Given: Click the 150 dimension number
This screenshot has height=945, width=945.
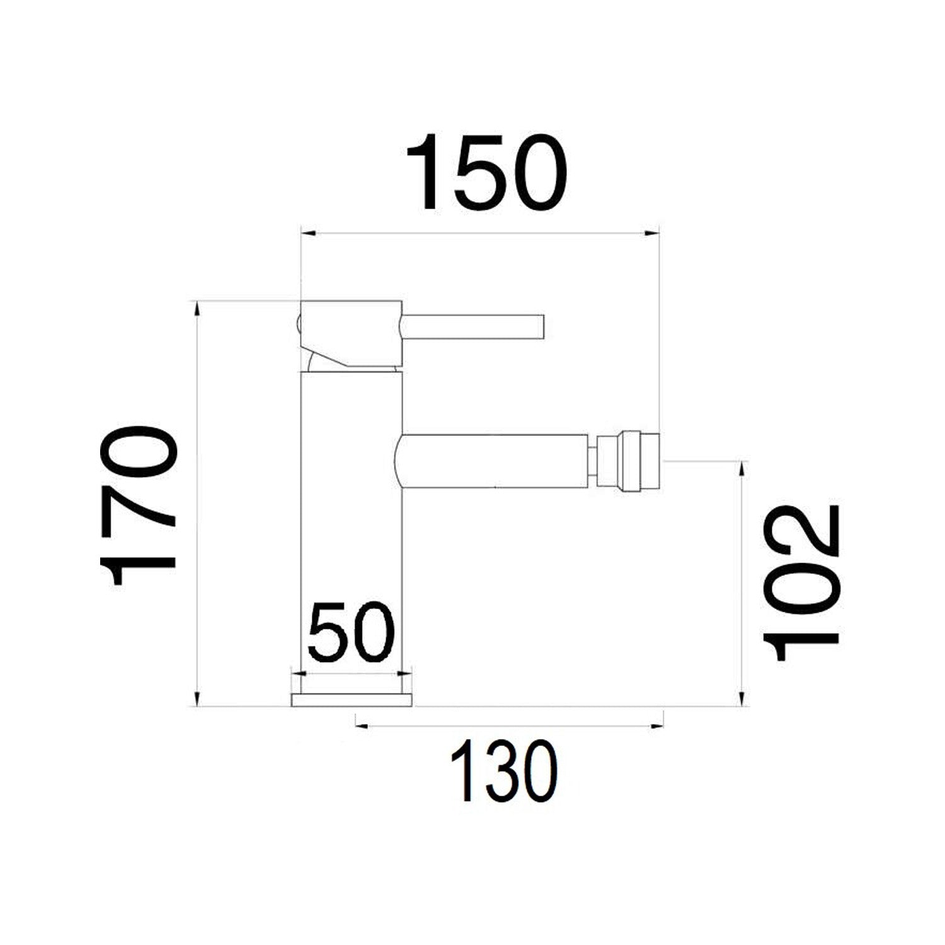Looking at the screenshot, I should tap(486, 172).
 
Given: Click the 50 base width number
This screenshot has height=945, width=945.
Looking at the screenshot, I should tap(351, 632).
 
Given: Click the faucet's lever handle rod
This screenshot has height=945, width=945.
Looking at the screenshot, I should tap(472, 327).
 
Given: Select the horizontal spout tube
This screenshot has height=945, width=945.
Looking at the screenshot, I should tap(495, 461).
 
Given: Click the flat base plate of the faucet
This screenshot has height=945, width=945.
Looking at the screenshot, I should tap(352, 699).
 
